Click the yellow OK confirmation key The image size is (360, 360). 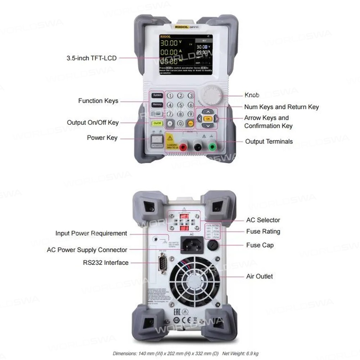point(207,118)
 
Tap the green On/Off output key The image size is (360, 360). point(157,123)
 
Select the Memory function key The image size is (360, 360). point(157,105)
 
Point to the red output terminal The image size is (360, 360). point(183,147)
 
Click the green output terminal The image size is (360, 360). point(212,147)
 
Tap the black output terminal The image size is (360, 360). point(197,147)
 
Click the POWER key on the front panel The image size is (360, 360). point(157,141)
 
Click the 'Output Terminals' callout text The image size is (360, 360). point(269,141)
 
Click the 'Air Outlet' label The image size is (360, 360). point(259,276)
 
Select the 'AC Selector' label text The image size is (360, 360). point(263,220)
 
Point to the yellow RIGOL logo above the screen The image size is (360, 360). point(180,27)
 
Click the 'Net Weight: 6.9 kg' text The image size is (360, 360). point(240,354)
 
